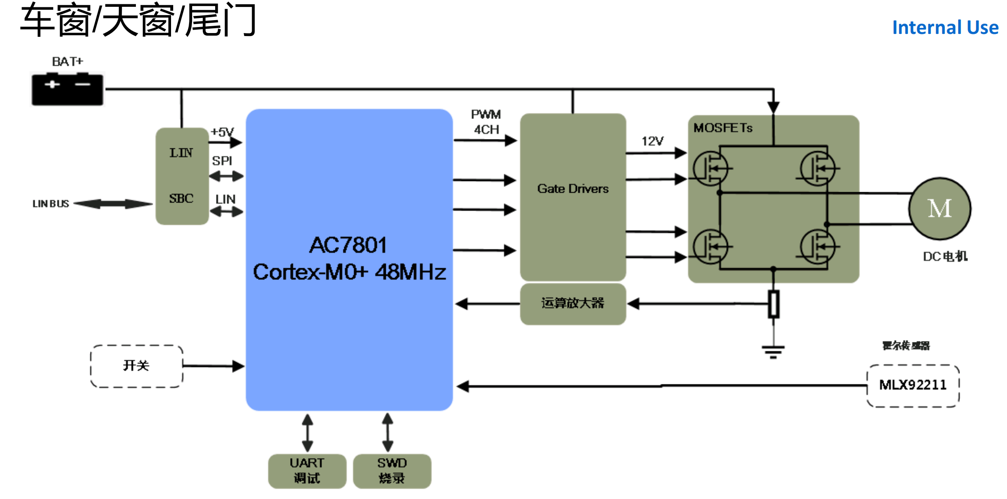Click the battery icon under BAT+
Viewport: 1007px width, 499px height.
pyautogui.click(x=67, y=89)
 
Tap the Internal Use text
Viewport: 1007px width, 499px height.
pyautogui.click(x=945, y=28)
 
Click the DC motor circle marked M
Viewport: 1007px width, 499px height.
pyautogui.click(x=940, y=209)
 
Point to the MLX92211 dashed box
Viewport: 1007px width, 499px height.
pyautogui.click(x=913, y=385)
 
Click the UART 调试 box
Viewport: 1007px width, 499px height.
pyautogui.click(x=307, y=471)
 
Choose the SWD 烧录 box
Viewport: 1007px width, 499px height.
pyautogui.click(x=392, y=471)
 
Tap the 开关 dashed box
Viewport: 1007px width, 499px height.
pyautogui.click(x=136, y=366)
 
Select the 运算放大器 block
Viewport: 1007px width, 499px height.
pyautogui.click(x=573, y=303)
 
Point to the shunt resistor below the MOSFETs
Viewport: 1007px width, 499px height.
pyautogui.click(x=773, y=304)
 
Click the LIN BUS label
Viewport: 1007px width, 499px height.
pyautogui.click(x=51, y=204)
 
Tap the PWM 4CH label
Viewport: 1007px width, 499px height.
pyautogui.click(x=486, y=122)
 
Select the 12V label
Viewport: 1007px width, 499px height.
pyautogui.click(x=652, y=141)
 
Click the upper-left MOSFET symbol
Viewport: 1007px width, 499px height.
pyautogui.click(x=711, y=169)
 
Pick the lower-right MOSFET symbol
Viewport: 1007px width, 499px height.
pyautogui.click(x=818, y=247)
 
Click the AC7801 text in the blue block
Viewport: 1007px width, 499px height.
pyautogui.click(x=348, y=245)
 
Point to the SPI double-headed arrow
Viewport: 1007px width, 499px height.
pyautogui.click(x=226, y=176)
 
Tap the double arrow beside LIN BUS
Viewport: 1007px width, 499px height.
pyautogui.click(x=113, y=204)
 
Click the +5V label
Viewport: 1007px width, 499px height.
pyautogui.click(x=222, y=132)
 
